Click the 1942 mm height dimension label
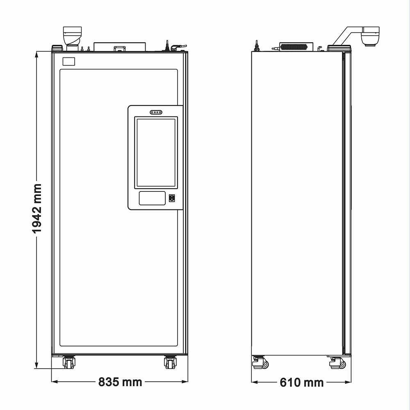[36, 208]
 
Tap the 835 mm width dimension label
[120, 382]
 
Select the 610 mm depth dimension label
[301, 383]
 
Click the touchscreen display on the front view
[156, 153]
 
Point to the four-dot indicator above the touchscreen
[156, 112]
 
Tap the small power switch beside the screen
[171, 198]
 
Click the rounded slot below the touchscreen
[152, 198]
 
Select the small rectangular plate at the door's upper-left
[69, 61]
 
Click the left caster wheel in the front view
[69, 362]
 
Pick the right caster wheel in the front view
[170, 362]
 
